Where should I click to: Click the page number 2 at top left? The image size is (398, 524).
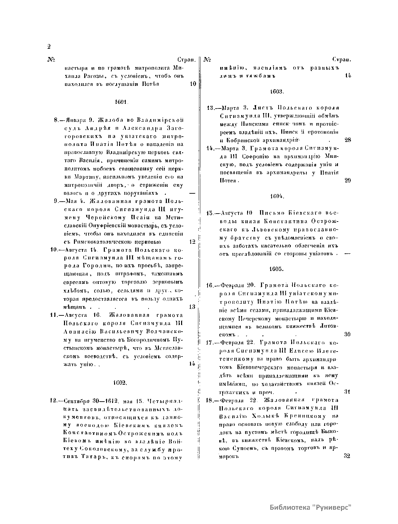[x=49, y=46]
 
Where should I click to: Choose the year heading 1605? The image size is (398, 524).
[x=276, y=269]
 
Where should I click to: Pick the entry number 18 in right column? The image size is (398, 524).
[x=209, y=400]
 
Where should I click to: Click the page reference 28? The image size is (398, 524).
[x=348, y=140]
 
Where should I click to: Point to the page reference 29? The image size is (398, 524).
[x=348, y=181]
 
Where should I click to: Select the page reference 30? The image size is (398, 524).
[x=347, y=334]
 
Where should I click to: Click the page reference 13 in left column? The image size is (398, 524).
[x=192, y=307]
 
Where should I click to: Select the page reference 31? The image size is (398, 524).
[x=347, y=392]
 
